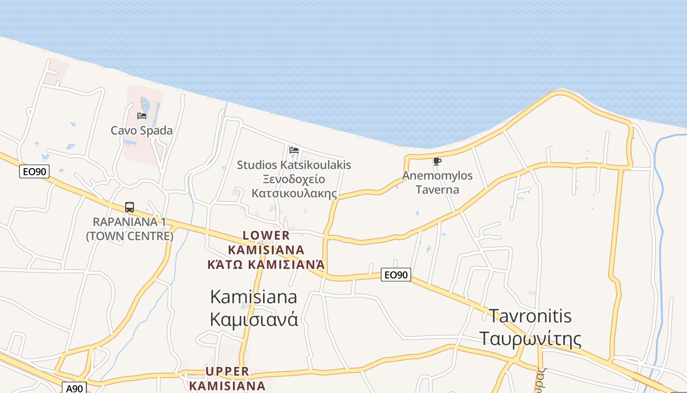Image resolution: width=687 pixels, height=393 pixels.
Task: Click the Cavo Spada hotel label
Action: tap(141, 131)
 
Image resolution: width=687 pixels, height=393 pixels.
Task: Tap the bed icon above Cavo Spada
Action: tap(142, 116)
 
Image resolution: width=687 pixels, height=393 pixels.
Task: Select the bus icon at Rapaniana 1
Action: tap(130, 207)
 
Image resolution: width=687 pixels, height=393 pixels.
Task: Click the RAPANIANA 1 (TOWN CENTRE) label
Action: tap(130, 229)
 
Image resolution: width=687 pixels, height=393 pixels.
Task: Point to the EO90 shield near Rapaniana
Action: tap(34, 171)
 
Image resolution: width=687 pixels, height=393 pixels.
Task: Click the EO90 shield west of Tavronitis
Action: tap(396, 275)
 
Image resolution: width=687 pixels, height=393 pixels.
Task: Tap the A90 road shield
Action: tap(75, 388)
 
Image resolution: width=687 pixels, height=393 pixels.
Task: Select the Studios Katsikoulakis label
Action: tap(294, 165)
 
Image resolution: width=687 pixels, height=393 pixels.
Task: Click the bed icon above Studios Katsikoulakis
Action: tap(294, 150)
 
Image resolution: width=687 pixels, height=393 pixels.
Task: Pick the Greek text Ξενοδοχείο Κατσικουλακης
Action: tap(294, 186)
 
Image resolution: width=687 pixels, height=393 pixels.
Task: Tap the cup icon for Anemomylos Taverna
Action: tap(437, 161)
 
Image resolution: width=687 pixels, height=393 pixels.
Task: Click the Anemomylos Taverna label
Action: tap(437, 182)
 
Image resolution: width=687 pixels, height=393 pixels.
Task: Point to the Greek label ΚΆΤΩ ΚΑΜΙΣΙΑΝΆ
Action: tap(266, 265)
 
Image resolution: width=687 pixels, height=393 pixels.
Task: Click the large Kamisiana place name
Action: tap(254, 297)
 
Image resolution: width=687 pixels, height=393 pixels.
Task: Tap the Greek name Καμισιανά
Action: tap(254, 319)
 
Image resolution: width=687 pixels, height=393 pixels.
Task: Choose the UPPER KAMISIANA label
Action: tap(227, 378)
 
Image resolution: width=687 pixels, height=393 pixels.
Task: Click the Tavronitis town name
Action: tap(530, 315)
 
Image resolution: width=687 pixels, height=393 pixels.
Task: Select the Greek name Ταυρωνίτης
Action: tap(530, 339)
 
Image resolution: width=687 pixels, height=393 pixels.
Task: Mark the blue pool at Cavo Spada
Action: tap(146, 105)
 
